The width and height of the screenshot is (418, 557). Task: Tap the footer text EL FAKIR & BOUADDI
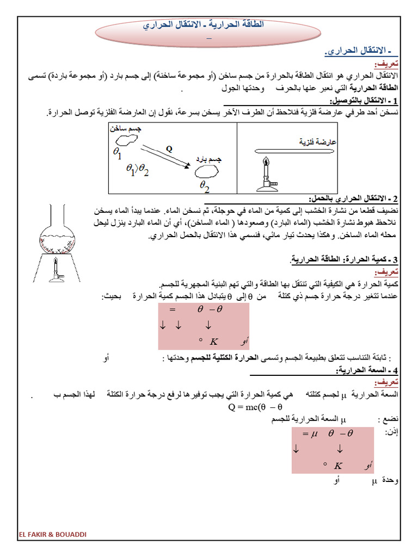(x=52, y=534)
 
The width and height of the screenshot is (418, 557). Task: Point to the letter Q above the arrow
(x=169, y=148)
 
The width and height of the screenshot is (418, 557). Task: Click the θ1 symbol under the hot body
(x=118, y=154)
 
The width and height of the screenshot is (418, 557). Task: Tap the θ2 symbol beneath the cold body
(x=205, y=185)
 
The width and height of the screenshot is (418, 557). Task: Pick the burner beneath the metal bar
(x=266, y=175)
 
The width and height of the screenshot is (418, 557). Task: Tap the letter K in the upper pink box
(x=213, y=342)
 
